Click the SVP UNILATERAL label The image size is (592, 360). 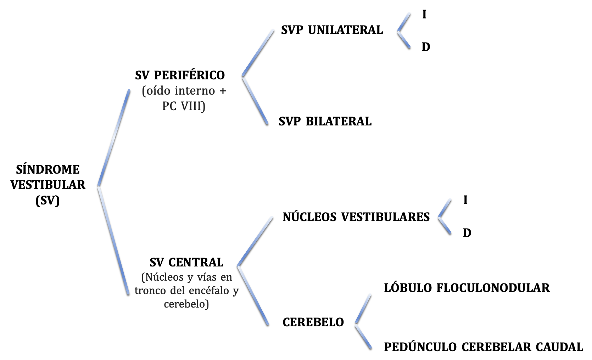tap(332, 30)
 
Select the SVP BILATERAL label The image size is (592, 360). tap(325, 122)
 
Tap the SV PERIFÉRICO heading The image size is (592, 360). tap(180, 75)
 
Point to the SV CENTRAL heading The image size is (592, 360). tap(186, 263)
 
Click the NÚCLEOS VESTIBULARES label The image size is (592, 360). tap(356, 217)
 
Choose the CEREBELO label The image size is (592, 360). tap(313, 322)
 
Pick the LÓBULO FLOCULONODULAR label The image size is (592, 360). tap(467, 288)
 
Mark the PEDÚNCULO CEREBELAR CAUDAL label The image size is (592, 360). tap(483, 347)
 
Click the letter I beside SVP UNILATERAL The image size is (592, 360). tap(424, 15)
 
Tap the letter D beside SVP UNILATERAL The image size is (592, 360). tap(426, 47)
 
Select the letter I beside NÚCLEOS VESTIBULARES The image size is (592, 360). tap(465, 201)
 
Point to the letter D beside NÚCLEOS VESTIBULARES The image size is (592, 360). tap(467, 233)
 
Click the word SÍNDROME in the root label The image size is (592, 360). tap(48, 169)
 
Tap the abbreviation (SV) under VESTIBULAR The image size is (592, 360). tap(48, 201)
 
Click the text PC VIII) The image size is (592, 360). tap(184, 106)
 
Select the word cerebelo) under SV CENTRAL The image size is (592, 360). tap(186, 304)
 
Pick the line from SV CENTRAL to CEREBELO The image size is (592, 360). tap(253, 295)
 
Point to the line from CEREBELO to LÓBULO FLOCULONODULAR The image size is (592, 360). tap(363, 309)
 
